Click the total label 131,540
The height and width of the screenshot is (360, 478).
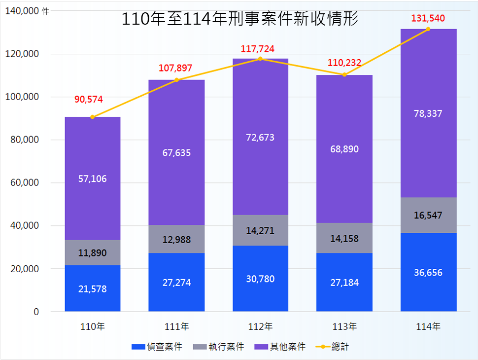(x=428, y=19)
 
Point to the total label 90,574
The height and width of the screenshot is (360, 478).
(x=89, y=100)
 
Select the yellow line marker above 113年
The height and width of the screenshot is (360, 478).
(x=344, y=75)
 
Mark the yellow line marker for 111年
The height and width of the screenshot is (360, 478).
(x=176, y=80)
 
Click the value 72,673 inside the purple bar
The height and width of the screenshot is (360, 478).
(x=260, y=138)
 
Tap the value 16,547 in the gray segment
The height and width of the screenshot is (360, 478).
(x=428, y=216)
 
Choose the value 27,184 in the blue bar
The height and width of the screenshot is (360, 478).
(x=344, y=283)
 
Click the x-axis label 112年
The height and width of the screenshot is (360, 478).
(x=260, y=326)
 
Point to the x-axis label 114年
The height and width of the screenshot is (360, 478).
(x=428, y=326)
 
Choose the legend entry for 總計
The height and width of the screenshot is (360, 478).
(x=340, y=347)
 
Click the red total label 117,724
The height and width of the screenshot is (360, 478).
(x=257, y=49)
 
